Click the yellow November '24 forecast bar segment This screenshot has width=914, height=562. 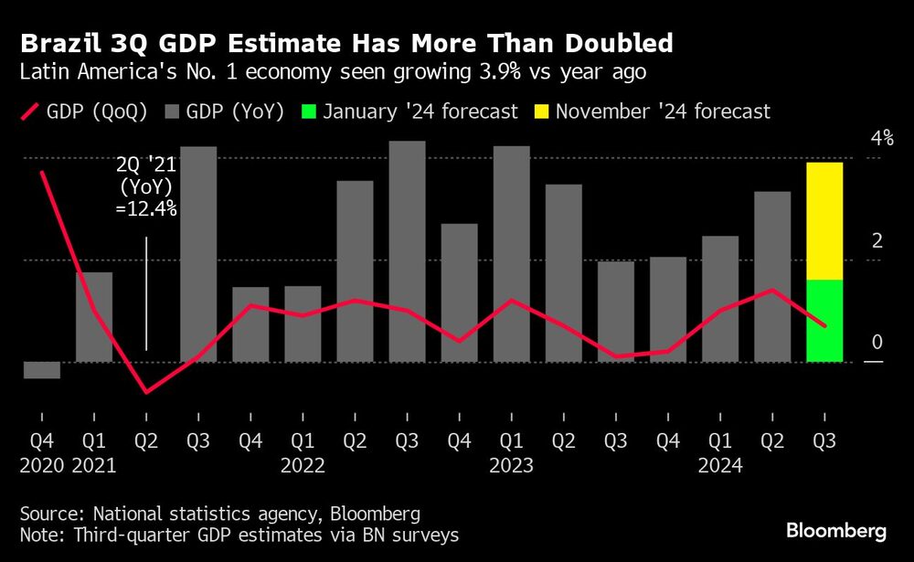[824, 221]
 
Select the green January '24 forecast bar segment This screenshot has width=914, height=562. [824, 320]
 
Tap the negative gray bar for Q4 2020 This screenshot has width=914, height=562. [41, 369]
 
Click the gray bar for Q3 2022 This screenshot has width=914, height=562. [407, 251]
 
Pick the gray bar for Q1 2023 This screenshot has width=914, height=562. [511, 253]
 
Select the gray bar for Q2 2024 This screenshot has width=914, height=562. [771, 276]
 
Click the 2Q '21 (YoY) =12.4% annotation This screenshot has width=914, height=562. [146, 186]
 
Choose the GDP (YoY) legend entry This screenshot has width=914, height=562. [224, 111]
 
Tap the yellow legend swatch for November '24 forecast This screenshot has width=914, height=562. [540, 111]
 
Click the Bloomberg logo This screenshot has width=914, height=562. [836, 531]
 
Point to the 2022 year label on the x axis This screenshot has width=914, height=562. [303, 465]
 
